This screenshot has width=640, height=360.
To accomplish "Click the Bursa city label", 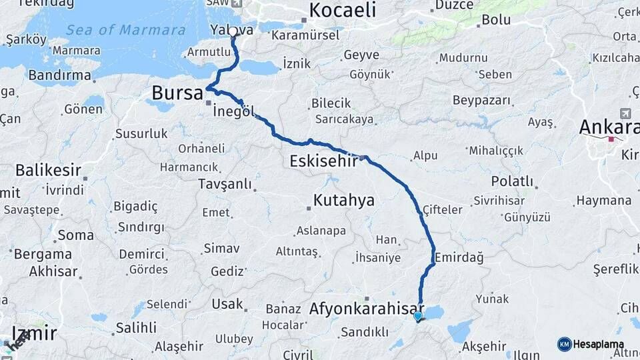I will pyautogui.click(x=177, y=93).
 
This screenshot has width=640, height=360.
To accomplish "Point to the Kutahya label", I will pyautogui.click(x=344, y=200).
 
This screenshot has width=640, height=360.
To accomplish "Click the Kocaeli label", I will pyautogui.click(x=342, y=10).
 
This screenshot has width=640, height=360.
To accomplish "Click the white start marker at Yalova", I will pyautogui.click(x=233, y=31).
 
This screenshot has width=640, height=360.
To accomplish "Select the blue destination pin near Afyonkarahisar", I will pyautogui.click(x=418, y=316).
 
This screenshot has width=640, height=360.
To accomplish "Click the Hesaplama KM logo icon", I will pyautogui.click(x=564, y=344).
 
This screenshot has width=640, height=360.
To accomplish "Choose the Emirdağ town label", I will pyautogui.click(x=459, y=257).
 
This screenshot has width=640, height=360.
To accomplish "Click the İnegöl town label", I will pyautogui.click(x=233, y=112).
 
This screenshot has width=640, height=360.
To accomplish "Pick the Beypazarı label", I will pyautogui.click(x=481, y=101).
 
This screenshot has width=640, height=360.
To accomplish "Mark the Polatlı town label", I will pyautogui.click(x=512, y=181).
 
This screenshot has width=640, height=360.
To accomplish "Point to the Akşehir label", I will pyautogui.click(x=485, y=346).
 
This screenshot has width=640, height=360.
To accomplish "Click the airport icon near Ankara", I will pyautogui.click(x=625, y=113).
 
